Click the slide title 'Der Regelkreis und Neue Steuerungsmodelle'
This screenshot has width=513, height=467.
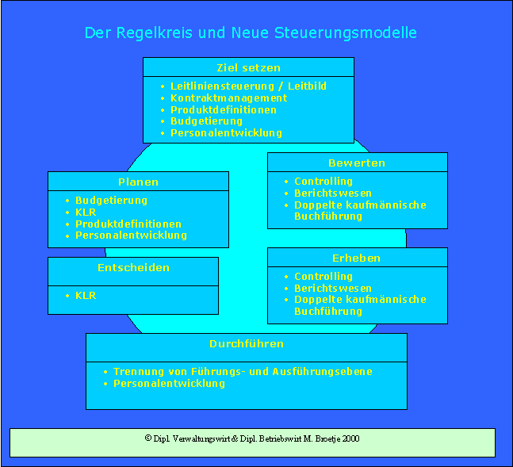pos(251,33)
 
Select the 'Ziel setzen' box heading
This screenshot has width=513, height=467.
pos(248,67)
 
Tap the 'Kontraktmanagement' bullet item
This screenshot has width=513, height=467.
pos(228,98)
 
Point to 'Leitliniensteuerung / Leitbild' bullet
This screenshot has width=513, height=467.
pos(248,86)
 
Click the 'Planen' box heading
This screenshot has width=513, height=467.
pos(138,182)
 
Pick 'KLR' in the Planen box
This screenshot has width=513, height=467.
pos(86,212)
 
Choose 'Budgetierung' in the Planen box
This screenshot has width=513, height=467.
pos(111,201)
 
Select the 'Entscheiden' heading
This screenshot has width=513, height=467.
pos(133,268)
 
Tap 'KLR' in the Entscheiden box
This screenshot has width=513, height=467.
pos(86,296)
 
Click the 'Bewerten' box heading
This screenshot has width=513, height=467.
pos(357,163)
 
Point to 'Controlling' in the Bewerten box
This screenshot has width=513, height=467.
pos(323,182)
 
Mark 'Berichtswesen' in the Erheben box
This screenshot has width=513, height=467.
pos(332,289)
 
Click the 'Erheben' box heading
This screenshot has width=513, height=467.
pos(357,258)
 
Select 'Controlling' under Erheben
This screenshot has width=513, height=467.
pos(323,277)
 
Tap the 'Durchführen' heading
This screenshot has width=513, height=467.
pos(247,344)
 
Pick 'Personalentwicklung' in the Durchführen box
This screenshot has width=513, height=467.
pos(169,384)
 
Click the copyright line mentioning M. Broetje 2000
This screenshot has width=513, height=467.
pos(252,438)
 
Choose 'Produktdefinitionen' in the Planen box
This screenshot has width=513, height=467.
pos(128,224)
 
